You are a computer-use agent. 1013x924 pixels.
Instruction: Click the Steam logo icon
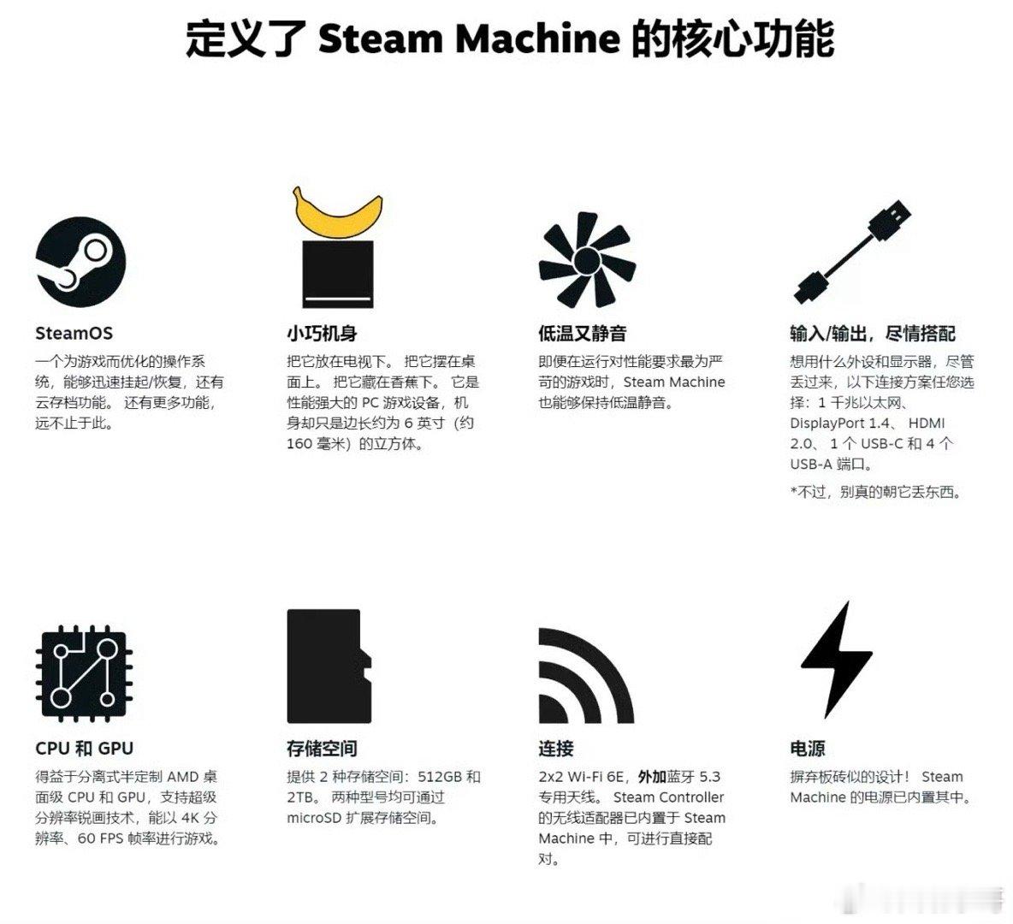(80, 262)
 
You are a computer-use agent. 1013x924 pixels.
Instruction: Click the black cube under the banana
(338, 274)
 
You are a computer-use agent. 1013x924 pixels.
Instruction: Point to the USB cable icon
(851, 252)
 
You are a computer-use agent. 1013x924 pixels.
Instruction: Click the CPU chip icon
(83, 673)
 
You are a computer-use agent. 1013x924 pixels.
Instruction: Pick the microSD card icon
(329, 666)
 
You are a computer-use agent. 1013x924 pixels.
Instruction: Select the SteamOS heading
(74, 334)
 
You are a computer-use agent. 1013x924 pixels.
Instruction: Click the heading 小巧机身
(322, 334)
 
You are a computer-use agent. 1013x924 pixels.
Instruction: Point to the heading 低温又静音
(582, 334)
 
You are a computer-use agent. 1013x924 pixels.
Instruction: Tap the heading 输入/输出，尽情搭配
(872, 334)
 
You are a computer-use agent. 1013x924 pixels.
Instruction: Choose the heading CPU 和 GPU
(84, 749)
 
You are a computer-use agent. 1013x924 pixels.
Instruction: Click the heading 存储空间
(322, 749)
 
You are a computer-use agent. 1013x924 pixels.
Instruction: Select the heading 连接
(555, 749)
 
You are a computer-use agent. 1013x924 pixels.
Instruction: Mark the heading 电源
(807, 749)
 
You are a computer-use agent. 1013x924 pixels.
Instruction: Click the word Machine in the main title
(537, 38)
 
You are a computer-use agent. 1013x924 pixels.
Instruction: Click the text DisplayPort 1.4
(840, 423)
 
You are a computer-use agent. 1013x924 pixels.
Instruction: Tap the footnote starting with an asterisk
(874, 492)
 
